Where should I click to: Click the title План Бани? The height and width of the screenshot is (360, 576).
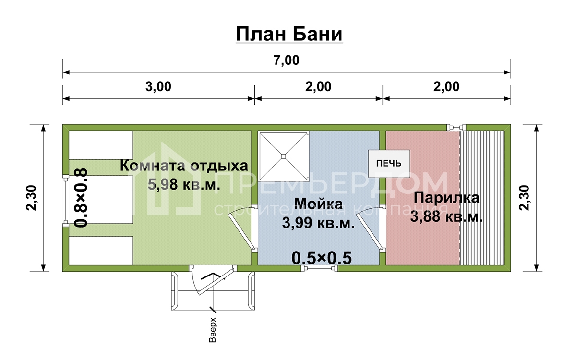click(289, 34)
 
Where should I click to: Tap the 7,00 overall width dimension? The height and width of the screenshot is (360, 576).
click(287, 60)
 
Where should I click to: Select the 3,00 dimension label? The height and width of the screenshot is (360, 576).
click(158, 87)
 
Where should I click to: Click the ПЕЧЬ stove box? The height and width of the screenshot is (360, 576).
click(389, 164)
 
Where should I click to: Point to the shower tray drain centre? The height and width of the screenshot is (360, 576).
click(283, 156)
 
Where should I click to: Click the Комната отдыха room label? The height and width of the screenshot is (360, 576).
click(184, 166)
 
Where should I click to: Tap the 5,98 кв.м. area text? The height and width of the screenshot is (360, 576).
click(184, 184)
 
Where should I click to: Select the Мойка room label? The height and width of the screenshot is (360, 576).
click(318, 204)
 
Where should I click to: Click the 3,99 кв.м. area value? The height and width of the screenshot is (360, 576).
click(318, 223)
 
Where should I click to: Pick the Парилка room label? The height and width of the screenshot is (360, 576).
click(446, 198)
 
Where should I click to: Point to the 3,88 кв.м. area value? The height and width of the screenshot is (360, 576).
click(446, 216)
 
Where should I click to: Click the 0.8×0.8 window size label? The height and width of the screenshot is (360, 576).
click(81, 198)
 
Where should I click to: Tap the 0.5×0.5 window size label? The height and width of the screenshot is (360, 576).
click(322, 258)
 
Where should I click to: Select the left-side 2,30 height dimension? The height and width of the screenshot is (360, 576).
click(32, 198)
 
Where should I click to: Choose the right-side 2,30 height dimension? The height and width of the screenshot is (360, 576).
click(525, 198)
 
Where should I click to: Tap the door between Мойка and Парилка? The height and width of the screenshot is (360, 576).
click(370, 229)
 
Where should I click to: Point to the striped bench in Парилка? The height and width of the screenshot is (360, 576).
click(482, 198)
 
